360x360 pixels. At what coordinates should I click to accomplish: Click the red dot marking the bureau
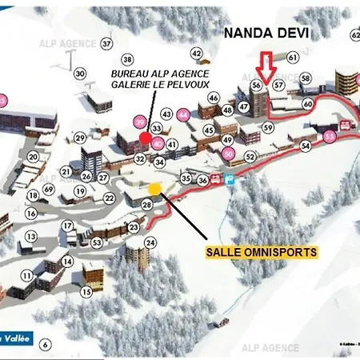click(145, 138)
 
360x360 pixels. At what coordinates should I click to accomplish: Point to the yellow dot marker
click(154, 188)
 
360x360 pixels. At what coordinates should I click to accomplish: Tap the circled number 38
click(127, 59)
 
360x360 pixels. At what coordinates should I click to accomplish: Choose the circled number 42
click(196, 54)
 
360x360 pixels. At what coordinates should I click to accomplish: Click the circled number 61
click(292, 58)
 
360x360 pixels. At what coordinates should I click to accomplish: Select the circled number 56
click(256, 84)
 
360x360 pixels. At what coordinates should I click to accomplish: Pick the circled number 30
click(79, 74)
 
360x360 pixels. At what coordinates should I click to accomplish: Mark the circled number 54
click(305, 146)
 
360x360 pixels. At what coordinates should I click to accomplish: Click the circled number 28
click(147, 205)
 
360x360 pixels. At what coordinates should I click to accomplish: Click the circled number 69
click(48, 188)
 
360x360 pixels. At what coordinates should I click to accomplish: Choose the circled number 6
click(45, 344)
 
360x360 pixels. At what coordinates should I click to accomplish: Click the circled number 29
click(80, 138)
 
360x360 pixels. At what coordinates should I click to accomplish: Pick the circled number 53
click(96, 242)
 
